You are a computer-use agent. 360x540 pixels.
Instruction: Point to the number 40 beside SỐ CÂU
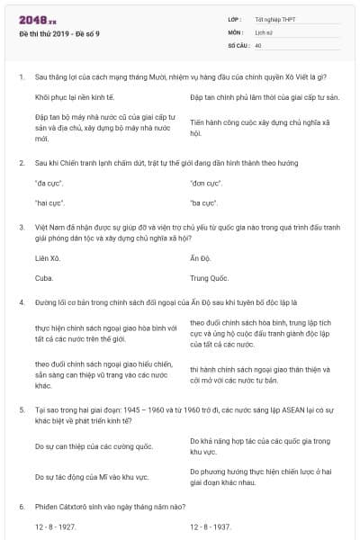tap(258, 44)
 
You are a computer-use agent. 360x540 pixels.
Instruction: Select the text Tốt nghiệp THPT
tap(274, 19)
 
